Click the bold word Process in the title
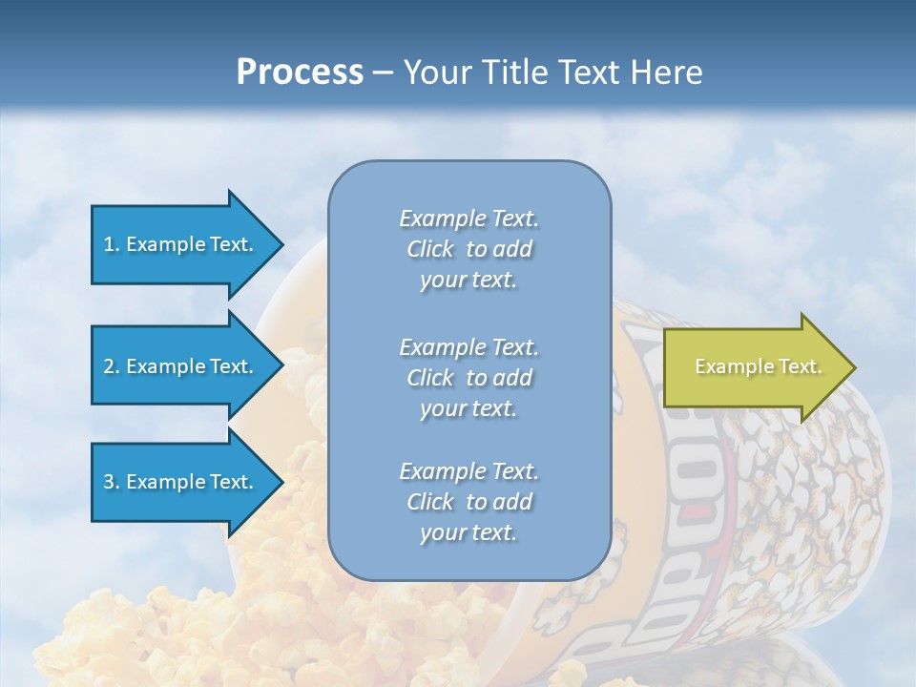click(300, 73)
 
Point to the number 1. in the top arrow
click(111, 244)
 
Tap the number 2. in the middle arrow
click(111, 366)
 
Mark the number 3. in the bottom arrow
click(111, 482)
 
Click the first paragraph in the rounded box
click(468, 249)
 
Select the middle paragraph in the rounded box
click(468, 378)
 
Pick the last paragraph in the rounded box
click(468, 502)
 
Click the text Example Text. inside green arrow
click(758, 366)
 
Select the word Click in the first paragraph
click(430, 249)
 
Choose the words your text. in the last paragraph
click(468, 532)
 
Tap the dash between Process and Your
click(383, 73)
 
